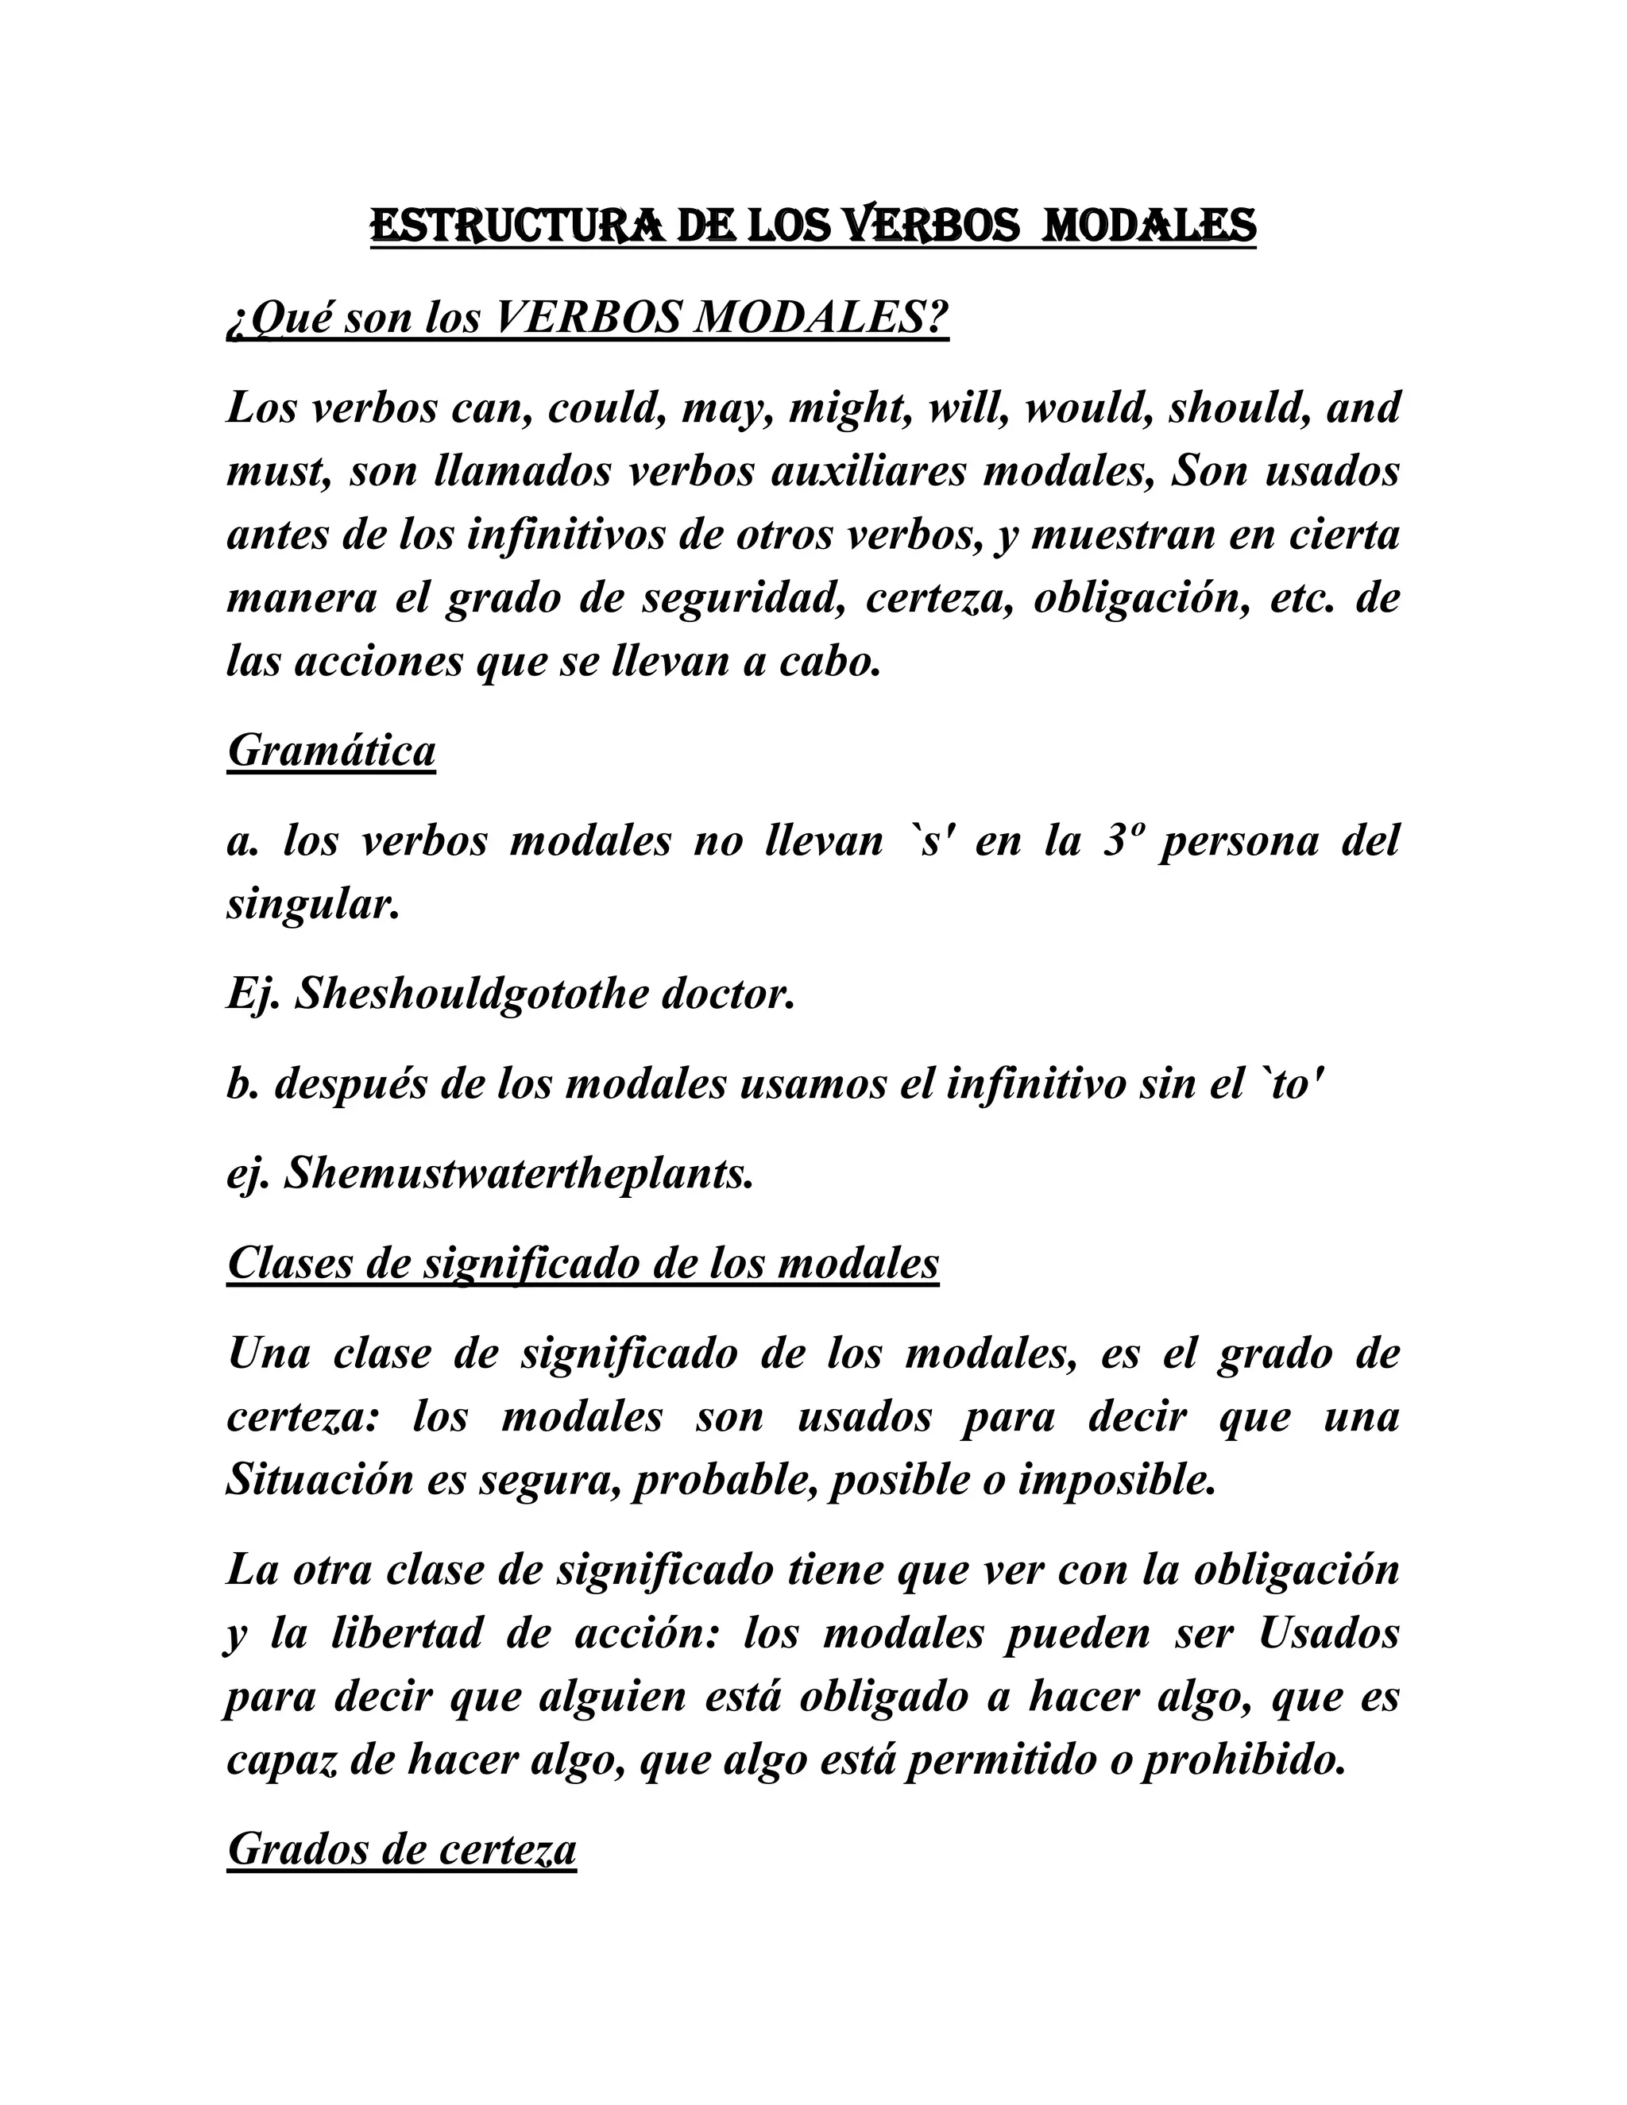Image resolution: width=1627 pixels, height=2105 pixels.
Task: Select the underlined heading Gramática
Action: point(331,750)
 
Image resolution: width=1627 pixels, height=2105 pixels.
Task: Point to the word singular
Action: point(313,904)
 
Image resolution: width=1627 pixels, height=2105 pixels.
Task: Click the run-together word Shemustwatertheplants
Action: point(518,1174)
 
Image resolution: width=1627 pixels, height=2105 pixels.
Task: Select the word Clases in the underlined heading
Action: point(289,1263)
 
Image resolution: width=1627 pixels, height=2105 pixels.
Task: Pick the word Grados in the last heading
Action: point(296,1849)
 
